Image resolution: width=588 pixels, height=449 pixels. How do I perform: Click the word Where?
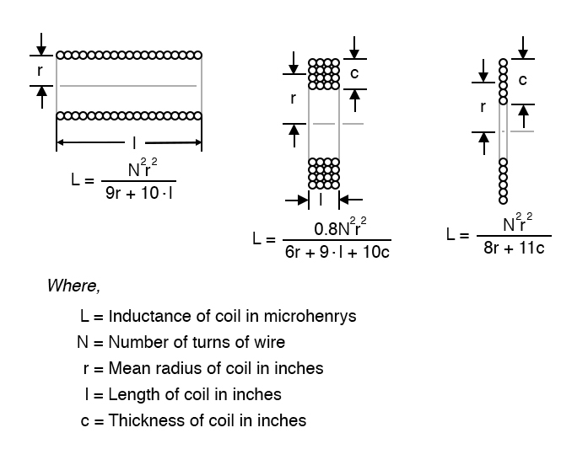(x=73, y=286)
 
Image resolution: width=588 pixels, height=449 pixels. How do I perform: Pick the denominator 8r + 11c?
(x=513, y=248)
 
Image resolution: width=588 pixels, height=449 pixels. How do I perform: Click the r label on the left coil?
(x=39, y=71)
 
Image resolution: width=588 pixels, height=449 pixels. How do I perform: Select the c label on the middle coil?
(x=354, y=73)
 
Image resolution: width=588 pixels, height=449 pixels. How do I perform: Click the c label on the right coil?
(x=523, y=80)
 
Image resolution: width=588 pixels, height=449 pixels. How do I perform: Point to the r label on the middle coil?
(x=293, y=98)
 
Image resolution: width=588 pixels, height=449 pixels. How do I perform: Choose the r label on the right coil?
(x=483, y=107)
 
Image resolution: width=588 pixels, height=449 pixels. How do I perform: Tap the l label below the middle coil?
(x=322, y=200)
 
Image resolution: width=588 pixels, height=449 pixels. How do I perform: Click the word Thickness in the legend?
(x=143, y=420)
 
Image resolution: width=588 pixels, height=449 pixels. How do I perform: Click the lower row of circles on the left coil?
(x=129, y=115)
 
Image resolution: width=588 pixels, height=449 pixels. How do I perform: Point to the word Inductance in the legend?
(x=145, y=317)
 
